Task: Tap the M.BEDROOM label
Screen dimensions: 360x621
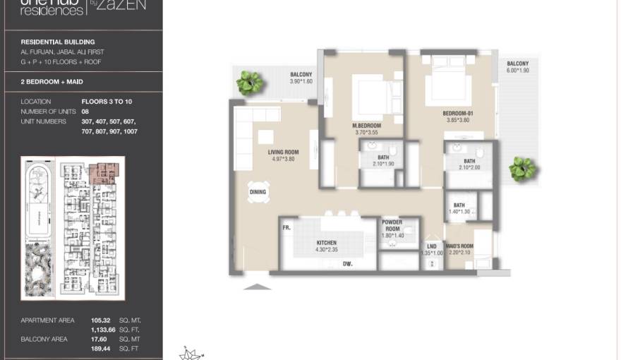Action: click(x=366, y=125)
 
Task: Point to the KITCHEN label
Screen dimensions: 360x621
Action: click(x=326, y=243)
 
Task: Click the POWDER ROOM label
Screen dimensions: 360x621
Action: click(x=392, y=225)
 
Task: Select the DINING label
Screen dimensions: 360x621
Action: click(x=258, y=192)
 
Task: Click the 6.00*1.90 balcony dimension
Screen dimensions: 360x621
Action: click(x=517, y=71)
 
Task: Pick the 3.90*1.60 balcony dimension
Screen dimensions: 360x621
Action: click(x=301, y=81)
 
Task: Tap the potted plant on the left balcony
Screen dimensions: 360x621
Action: click(x=249, y=83)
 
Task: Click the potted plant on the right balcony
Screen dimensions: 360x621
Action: click(x=522, y=169)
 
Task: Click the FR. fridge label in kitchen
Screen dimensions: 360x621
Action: click(x=287, y=228)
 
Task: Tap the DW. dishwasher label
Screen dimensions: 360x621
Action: click(x=347, y=263)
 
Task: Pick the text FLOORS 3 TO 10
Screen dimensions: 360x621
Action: click(x=107, y=102)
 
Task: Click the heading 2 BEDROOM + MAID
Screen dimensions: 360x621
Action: click(x=52, y=82)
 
